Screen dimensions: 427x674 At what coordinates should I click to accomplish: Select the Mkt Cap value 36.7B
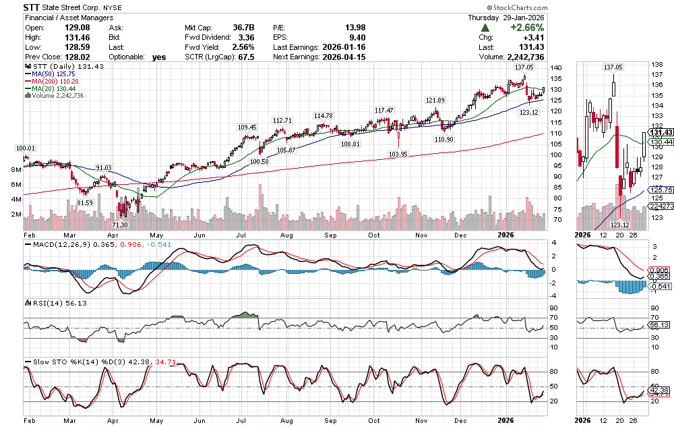tap(241, 28)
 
